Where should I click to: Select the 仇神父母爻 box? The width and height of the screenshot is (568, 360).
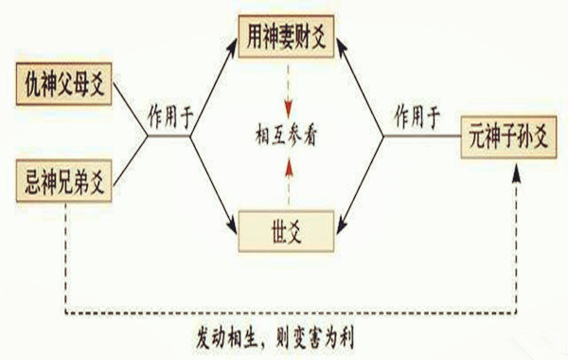[65, 85]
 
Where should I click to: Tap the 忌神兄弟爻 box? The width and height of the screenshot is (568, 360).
[65, 180]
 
